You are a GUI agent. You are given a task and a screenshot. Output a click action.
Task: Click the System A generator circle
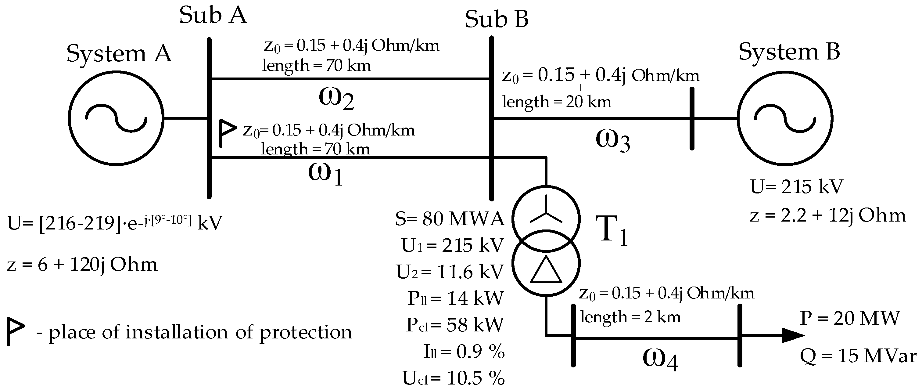(116, 118)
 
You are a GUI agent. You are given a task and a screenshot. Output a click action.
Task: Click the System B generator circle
(784, 118)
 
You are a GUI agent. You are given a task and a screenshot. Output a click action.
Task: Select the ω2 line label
(336, 99)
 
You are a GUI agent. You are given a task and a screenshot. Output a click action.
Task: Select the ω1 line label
(325, 174)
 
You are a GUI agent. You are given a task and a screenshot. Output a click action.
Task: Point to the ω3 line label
(612, 141)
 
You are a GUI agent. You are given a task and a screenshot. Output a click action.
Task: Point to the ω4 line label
(660, 359)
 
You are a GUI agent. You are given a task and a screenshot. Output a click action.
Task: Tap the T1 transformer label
(611, 232)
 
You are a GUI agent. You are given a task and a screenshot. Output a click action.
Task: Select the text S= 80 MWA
(450, 218)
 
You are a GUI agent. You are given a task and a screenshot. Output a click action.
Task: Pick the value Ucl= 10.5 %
(453, 377)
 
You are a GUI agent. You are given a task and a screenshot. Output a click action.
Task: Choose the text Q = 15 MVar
(858, 356)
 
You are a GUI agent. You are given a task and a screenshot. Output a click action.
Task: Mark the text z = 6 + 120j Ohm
(82, 265)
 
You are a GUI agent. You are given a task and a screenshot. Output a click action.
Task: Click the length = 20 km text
(556, 102)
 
